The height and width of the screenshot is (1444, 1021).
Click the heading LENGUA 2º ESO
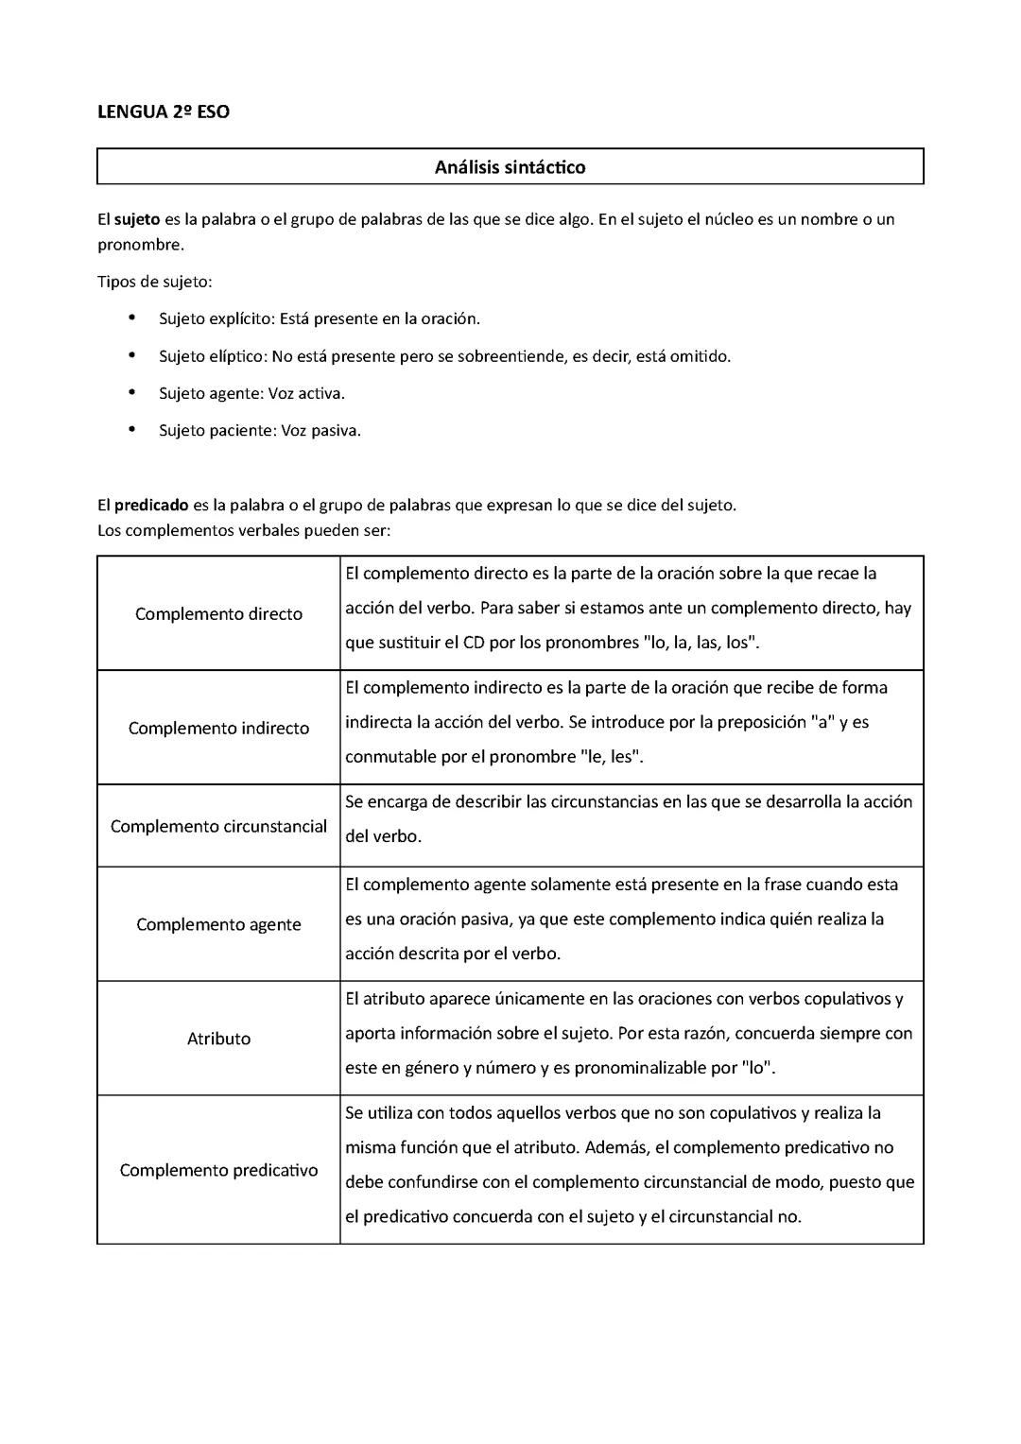pyautogui.click(x=164, y=112)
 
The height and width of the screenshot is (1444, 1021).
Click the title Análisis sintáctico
pyautogui.click(x=510, y=167)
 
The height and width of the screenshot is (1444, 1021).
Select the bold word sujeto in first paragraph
pyautogui.click(x=137, y=219)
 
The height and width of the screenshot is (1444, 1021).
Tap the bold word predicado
pyautogui.click(x=151, y=505)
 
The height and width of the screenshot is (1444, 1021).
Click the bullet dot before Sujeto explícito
pyautogui.click(x=131, y=318)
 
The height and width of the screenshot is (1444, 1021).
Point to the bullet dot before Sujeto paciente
pyautogui.click(x=131, y=430)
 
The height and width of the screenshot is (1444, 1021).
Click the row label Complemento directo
pyautogui.click(x=218, y=614)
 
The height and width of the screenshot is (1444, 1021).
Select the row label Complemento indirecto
pyautogui.click(x=218, y=729)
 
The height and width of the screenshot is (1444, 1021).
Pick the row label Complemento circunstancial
pyautogui.click(x=218, y=827)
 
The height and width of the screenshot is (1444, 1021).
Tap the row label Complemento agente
pyautogui.click(x=218, y=924)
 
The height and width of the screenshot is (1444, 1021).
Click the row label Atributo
pyautogui.click(x=218, y=1039)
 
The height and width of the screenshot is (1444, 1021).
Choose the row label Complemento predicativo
pyautogui.click(x=218, y=1170)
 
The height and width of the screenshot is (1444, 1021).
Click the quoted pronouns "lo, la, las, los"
pyautogui.click(x=701, y=643)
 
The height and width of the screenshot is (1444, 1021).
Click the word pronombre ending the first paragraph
pyautogui.click(x=139, y=245)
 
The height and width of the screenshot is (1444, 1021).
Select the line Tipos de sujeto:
pyautogui.click(x=155, y=282)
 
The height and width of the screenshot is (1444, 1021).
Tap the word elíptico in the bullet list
pyautogui.click(x=238, y=356)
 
